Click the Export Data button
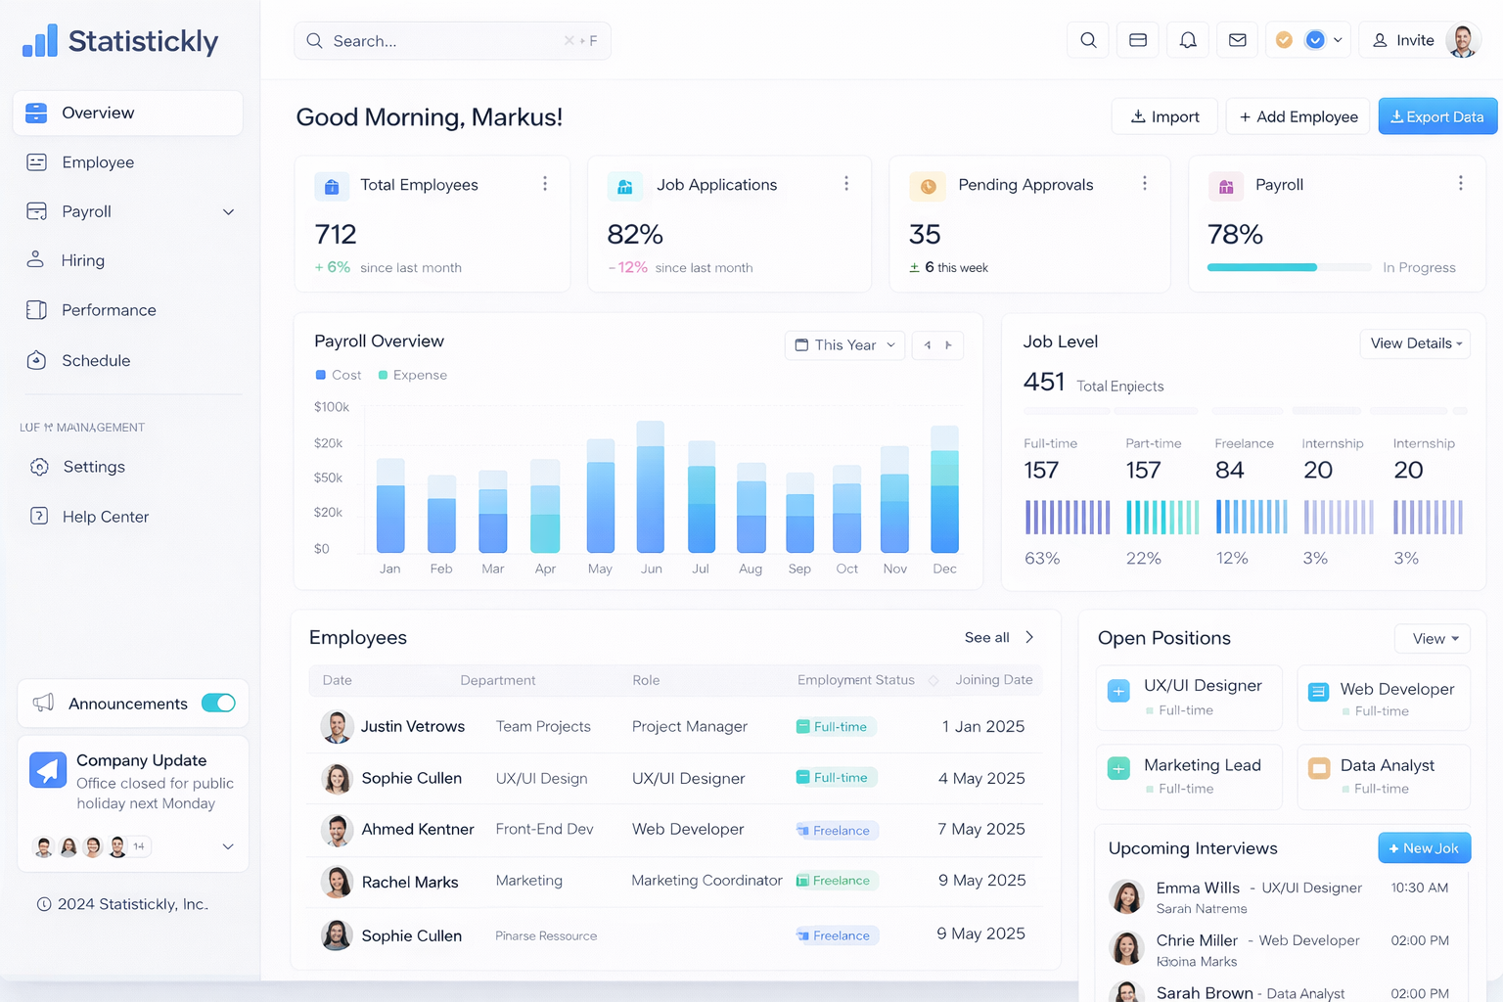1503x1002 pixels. click(1436, 116)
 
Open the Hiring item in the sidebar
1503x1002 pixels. click(82, 260)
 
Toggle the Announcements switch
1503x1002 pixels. click(218, 703)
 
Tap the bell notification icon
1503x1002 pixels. click(1187, 40)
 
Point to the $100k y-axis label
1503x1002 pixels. click(331, 407)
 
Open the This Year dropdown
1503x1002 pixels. click(844, 345)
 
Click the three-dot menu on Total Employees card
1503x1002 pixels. click(545, 184)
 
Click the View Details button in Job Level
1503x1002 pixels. click(1415, 343)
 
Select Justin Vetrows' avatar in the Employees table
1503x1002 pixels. click(337, 726)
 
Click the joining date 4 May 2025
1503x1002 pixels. click(981, 778)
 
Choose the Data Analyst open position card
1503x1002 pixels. click(1383, 776)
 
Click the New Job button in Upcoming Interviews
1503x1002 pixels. click(1424, 848)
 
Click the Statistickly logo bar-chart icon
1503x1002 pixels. click(40, 41)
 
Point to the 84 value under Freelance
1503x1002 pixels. click(1229, 471)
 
